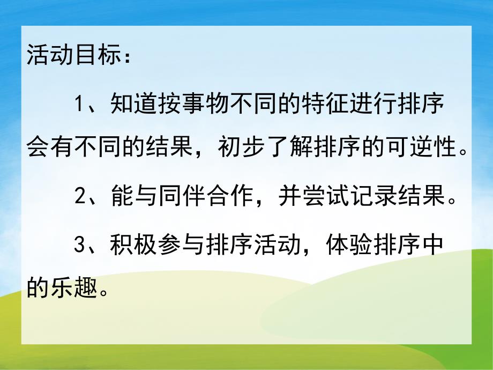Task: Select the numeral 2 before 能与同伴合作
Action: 80,197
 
